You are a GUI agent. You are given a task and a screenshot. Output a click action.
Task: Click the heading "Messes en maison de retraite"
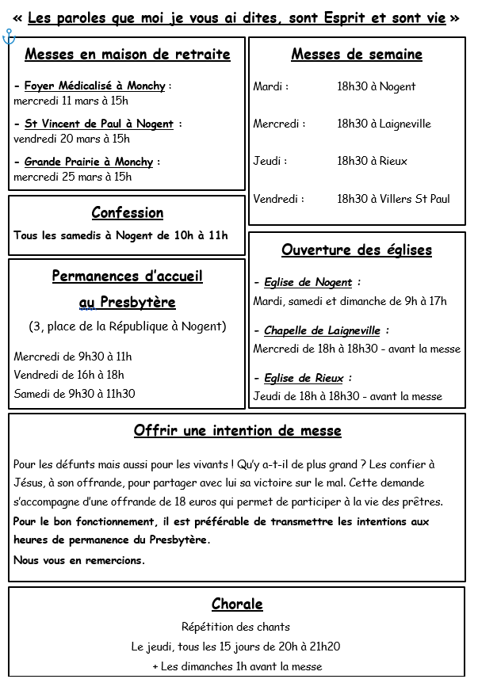tap(128, 55)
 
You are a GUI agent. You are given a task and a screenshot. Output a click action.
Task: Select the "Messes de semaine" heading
tap(357, 55)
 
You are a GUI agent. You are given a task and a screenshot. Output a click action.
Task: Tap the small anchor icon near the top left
tap(9, 36)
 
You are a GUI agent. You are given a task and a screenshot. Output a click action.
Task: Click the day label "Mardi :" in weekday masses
tap(271, 86)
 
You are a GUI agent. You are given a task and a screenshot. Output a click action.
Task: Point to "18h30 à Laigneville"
tap(384, 124)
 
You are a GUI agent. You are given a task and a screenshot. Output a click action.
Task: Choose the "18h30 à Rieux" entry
tap(372, 161)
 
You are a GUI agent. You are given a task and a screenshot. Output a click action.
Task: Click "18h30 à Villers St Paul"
tap(393, 199)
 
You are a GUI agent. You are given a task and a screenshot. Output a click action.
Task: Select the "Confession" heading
tap(128, 212)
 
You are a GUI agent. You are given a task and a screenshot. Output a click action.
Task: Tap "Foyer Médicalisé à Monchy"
tap(95, 86)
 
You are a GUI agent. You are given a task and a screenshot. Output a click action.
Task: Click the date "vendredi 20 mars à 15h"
tap(72, 139)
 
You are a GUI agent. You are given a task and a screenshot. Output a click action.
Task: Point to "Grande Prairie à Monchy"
tap(90, 162)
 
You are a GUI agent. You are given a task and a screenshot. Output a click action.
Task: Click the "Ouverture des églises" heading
tap(357, 250)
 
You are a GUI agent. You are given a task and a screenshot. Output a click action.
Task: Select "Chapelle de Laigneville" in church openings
tap(322, 330)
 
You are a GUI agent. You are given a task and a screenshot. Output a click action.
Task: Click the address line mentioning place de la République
tap(128, 326)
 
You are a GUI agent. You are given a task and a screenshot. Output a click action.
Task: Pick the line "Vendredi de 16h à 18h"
tap(69, 375)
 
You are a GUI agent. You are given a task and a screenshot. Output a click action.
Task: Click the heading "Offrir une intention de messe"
tap(238, 431)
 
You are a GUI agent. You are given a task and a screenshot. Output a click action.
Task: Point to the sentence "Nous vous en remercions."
tap(79, 560)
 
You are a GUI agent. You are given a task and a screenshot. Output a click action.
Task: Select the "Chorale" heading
tap(237, 605)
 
